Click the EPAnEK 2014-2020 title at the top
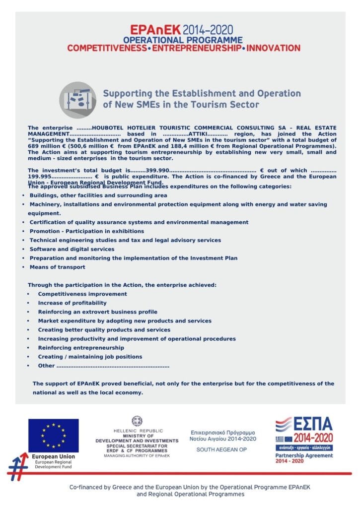pos(182,29)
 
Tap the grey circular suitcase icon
pos(78,100)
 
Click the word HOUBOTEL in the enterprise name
pos(108,128)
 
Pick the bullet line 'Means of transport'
pos(57,267)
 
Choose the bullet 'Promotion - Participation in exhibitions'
pos(86,231)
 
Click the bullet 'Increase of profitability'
pos(72,303)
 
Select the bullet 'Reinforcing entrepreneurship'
pos(81,348)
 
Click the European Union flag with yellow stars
pos(53,436)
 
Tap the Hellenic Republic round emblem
pos(137,422)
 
